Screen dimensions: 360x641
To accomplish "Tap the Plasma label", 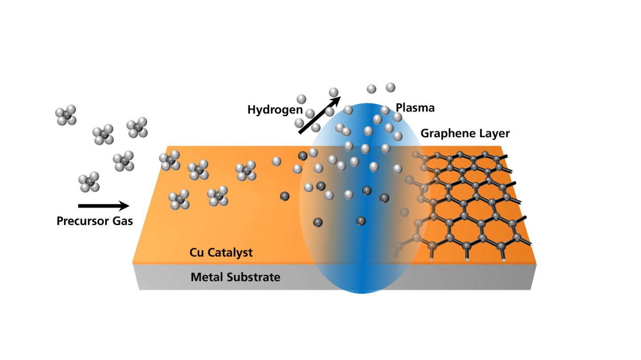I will (x=415, y=108).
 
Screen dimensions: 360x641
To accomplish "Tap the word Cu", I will (x=197, y=253).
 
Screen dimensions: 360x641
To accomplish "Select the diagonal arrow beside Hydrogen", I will (x=318, y=114).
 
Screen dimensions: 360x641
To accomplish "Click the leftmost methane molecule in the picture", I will (x=66, y=115).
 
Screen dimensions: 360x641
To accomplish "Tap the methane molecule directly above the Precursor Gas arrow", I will (x=89, y=182).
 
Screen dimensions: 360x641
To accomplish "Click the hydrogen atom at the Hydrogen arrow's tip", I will (x=334, y=92).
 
